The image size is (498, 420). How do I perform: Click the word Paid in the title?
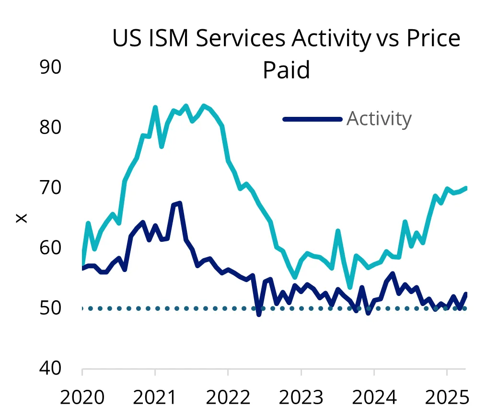point(286,70)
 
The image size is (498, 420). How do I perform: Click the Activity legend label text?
point(379,118)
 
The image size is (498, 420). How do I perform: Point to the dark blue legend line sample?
point(313,119)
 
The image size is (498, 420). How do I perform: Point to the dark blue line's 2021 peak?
point(179,204)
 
